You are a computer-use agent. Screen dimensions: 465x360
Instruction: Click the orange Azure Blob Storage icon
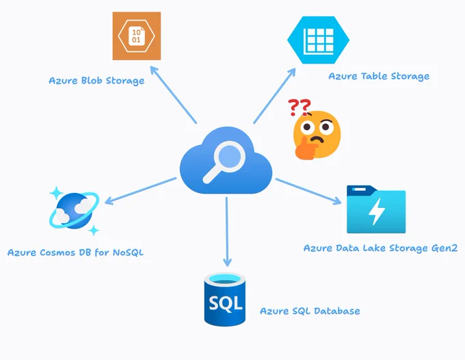click(x=137, y=36)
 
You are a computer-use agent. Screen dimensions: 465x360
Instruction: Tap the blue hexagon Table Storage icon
click(x=318, y=40)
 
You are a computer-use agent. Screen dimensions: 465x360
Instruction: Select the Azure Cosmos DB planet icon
click(x=74, y=211)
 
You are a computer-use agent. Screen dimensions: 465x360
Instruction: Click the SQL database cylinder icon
click(x=225, y=299)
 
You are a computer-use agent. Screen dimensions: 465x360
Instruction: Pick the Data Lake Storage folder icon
click(x=376, y=209)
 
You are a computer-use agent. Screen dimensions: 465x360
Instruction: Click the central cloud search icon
click(x=226, y=160)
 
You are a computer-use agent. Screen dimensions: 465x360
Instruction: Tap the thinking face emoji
click(x=317, y=135)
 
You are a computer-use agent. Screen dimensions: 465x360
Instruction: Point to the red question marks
click(x=300, y=107)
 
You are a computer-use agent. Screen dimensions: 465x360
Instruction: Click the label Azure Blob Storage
click(x=96, y=81)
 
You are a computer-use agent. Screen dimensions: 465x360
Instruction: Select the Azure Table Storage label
click(x=379, y=76)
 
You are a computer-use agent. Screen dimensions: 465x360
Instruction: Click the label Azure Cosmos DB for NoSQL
click(x=75, y=253)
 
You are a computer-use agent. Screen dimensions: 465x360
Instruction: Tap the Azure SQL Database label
click(x=310, y=311)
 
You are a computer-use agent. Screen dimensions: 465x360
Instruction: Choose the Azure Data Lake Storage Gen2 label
click(x=380, y=248)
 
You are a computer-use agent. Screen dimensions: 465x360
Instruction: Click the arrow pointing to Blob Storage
click(x=173, y=94)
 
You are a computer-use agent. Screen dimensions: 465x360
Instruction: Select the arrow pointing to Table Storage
click(x=275, y=96)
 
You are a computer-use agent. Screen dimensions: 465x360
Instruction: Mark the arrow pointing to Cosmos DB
click(x=141, y=191)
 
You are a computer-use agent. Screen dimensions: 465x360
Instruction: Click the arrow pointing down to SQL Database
click(x=227, y=232)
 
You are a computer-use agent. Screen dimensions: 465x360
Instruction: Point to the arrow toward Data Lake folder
click(x=308, y=192)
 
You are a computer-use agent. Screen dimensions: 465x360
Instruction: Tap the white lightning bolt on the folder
click(x=377, y=211)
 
